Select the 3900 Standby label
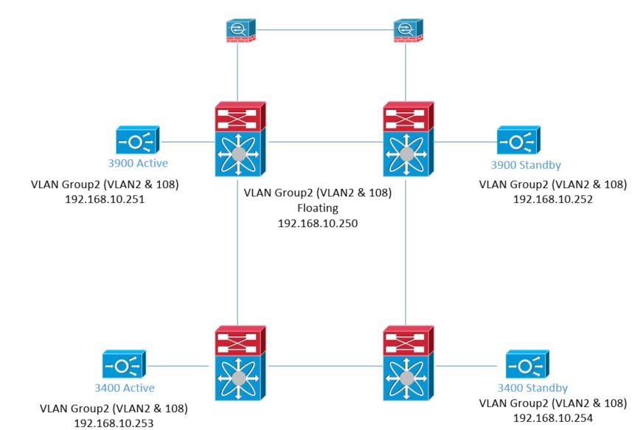coord(520,164)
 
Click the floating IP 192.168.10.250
coord(319,223)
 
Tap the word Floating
coord(319,209)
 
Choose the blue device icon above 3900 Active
coord(138,139)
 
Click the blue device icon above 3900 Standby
coord(518,139)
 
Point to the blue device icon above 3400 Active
coord(125,364)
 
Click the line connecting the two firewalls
coord(322,30)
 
